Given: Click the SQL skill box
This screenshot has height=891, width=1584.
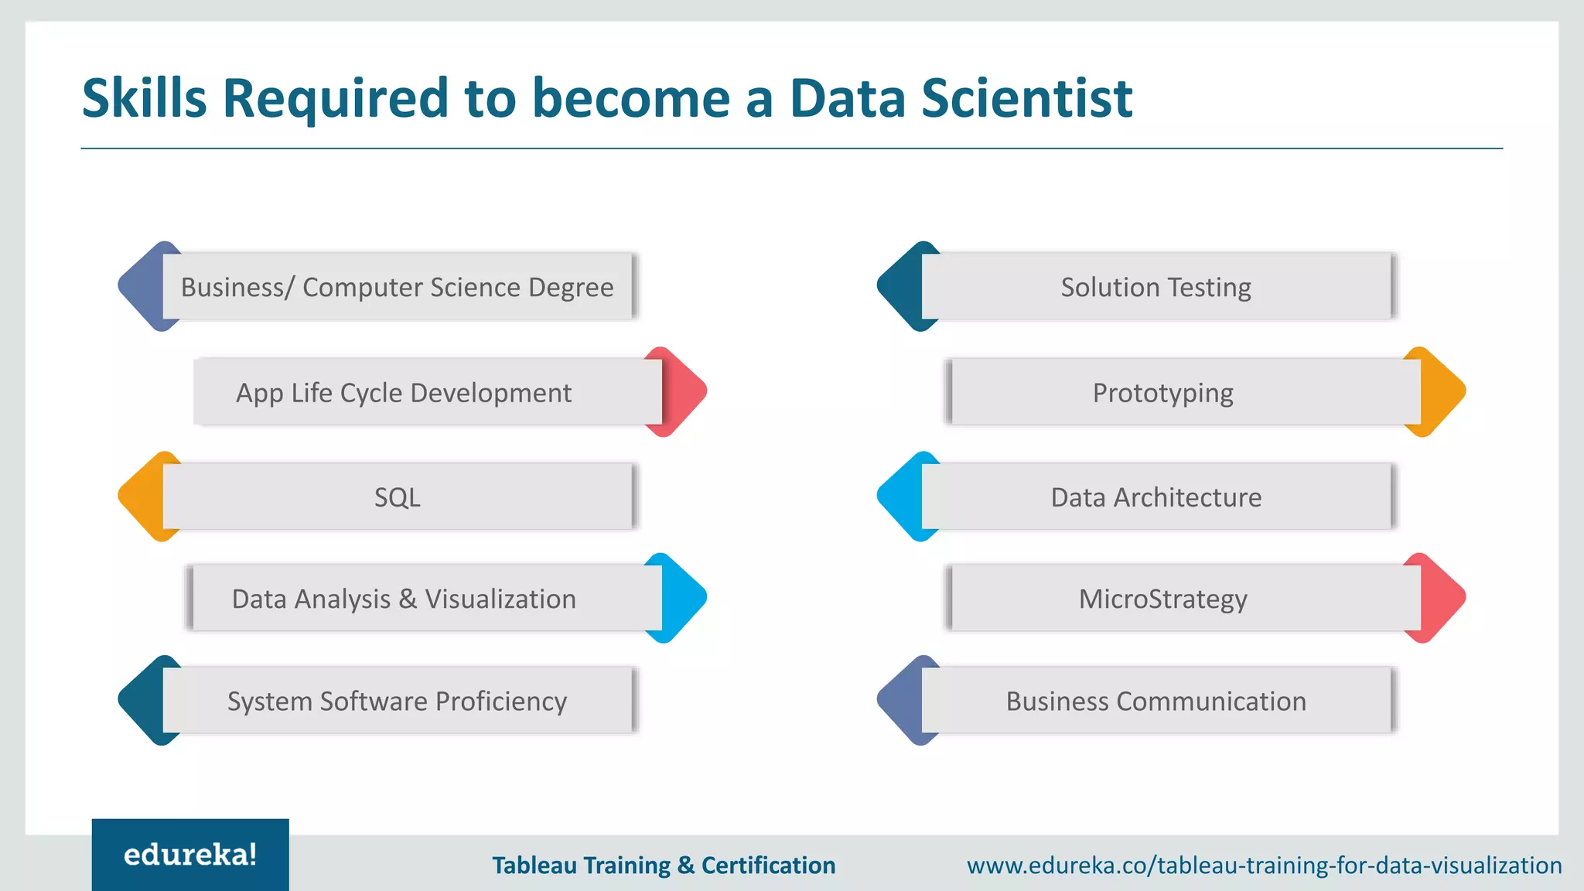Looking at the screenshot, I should pos(398,497).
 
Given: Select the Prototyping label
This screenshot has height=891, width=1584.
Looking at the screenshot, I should pos(1162,393).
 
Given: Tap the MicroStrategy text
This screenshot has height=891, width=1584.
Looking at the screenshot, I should pos(1162,599).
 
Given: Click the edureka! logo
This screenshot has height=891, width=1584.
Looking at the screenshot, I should pos(190,855).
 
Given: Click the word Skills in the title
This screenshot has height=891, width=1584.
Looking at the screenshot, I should pos(145,98).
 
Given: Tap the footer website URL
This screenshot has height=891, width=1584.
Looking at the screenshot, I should pos(1264,865).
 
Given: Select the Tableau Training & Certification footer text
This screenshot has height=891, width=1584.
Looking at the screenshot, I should pos(664,865).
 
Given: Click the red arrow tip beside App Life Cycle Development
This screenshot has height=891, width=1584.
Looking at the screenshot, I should pos(685,391).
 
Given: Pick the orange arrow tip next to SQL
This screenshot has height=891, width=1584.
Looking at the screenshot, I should pos(140,497).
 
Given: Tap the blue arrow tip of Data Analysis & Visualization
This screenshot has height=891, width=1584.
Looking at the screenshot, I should pos(685,598).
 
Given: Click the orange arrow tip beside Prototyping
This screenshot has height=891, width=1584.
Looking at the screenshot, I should pos(1444,391).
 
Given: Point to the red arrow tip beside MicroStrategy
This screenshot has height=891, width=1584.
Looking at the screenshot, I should pos(1444,598).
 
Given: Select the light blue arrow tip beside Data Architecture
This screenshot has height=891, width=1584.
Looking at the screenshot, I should pos(899,497).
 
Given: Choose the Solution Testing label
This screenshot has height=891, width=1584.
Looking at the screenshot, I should pos(1156,287).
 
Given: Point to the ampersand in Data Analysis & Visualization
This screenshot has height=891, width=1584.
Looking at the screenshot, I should pos(408,599).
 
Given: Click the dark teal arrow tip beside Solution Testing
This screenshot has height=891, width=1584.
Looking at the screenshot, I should pos(899,286).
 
